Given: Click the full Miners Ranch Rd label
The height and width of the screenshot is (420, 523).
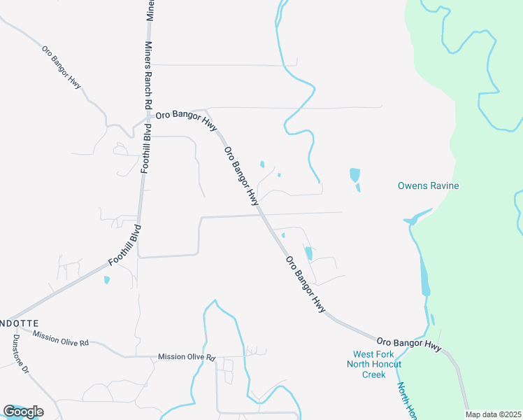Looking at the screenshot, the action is (148, 74).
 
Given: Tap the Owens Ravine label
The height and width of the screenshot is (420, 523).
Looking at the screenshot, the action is (428, 185).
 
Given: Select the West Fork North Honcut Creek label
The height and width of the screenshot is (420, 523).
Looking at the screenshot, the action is (377, 364).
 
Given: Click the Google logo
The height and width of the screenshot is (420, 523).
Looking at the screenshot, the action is (23, 411).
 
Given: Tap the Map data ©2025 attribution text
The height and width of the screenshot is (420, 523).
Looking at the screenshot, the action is (493, 414).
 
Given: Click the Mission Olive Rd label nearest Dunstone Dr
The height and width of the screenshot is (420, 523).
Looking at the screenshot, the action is (60, 339).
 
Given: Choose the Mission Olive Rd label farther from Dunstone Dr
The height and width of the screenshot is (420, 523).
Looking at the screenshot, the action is (187, 357).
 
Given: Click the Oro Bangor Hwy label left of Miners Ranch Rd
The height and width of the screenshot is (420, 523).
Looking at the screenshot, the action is (62, 67).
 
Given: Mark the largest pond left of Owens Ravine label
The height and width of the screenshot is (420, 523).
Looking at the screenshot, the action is (354, 175).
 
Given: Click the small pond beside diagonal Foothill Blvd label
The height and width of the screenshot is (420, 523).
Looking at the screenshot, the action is (106, 280).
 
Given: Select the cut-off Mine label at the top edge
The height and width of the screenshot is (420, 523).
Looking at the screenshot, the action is (150, 10).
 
